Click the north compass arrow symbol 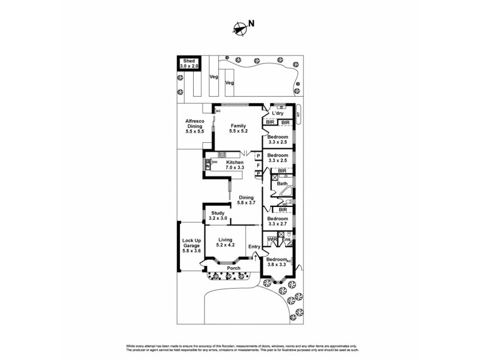point(241,26)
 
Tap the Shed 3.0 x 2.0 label point(190,64)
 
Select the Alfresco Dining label point(195,126)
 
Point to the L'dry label point(277,113)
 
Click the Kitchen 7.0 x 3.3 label point(235,166)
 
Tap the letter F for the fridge point(258,165)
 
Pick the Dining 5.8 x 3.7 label point(247,200)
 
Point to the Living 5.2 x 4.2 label point(225,243)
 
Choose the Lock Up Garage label point(192,245)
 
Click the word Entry point(254,247)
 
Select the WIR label point(272,240)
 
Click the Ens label point(287,240)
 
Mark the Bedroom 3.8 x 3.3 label point(277,262)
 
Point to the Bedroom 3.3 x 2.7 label point(277,222)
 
